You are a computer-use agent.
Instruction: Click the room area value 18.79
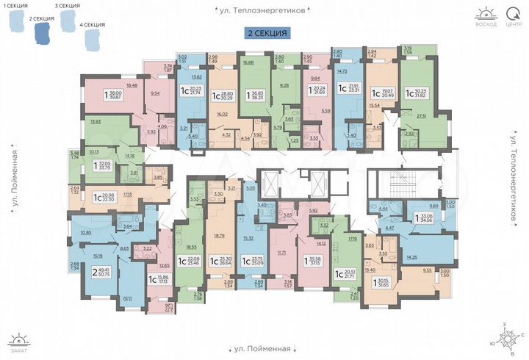(217, 236)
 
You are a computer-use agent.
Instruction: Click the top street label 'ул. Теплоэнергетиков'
(265, 11)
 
